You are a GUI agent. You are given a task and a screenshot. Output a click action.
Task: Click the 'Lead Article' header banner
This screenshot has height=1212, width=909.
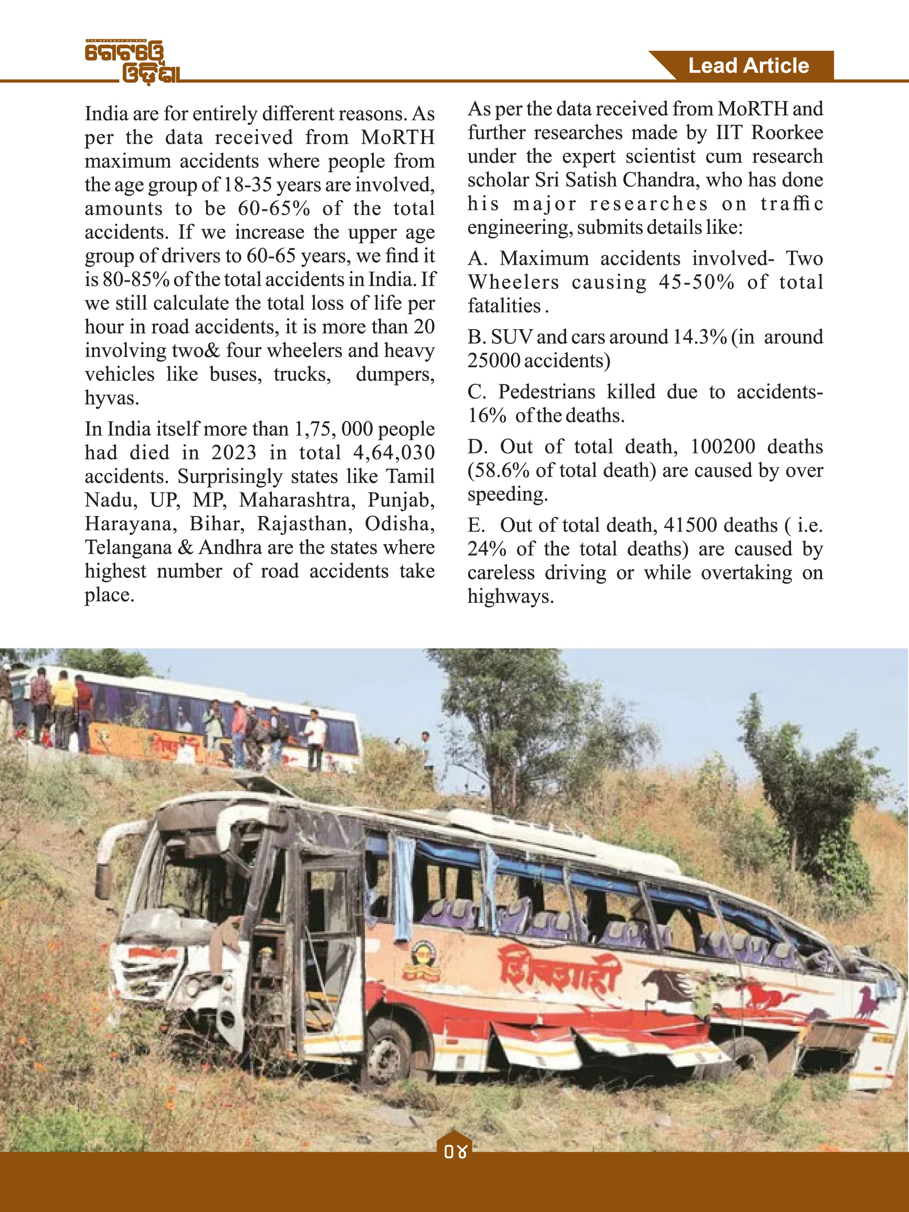(x=748, y=66)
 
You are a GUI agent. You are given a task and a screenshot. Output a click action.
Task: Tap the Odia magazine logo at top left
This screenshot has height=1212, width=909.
(x=132, y=62)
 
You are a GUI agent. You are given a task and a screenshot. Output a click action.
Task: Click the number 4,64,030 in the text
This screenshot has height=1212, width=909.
(x=394, y=453)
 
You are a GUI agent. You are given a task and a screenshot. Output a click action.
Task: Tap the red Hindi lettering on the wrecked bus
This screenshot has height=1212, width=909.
(x=559, y=971)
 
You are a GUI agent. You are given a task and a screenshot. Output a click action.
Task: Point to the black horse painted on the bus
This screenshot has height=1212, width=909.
(x=671, y=986)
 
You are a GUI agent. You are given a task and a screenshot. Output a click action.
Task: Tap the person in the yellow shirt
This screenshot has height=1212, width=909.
(x=64, y=707)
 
